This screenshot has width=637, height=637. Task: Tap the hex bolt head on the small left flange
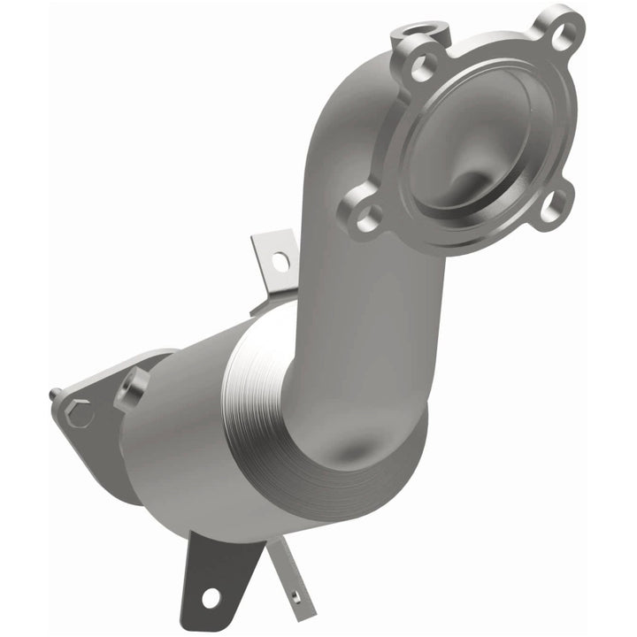78,412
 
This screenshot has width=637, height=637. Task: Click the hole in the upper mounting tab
280,261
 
